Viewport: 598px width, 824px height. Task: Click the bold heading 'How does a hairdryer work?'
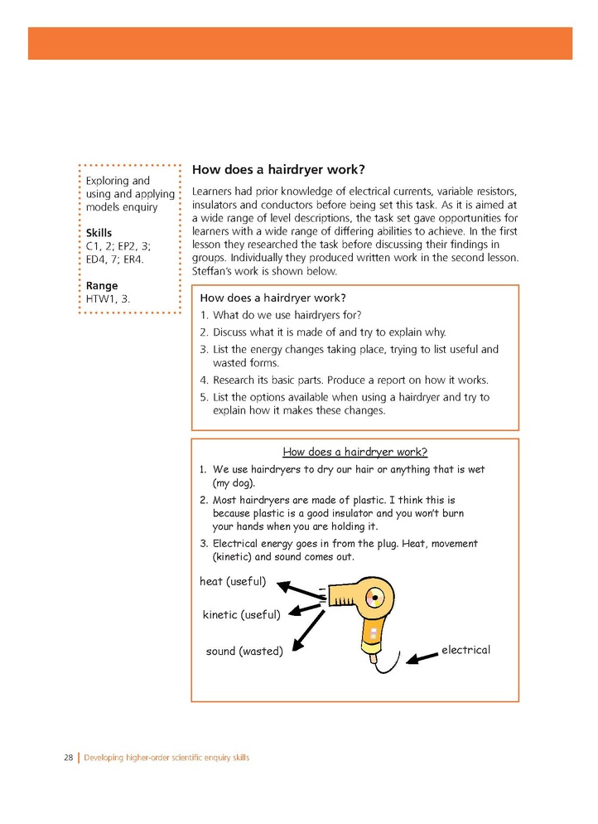tap(277, 169)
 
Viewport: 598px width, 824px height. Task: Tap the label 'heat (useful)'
tap(233, 582)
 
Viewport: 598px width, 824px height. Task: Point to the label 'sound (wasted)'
tap(244, 652)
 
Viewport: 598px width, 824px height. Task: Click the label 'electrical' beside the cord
tap(465, 650)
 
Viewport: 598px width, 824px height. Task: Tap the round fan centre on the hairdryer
tap(376, 597)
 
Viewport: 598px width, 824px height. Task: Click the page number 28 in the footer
tap(68, 758)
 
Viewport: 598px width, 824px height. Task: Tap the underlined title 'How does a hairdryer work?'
tap(354, 452)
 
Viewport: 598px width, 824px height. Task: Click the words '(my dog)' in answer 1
tap(234, 483)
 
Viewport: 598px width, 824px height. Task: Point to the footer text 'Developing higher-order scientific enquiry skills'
tap(166, 758)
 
